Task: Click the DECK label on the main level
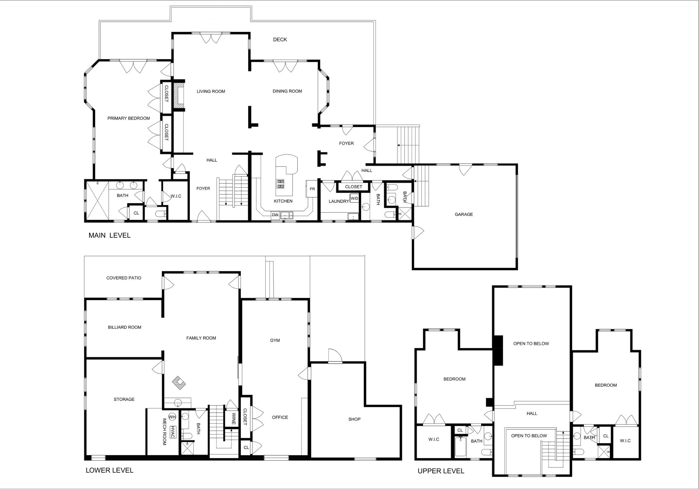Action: coord(280,40)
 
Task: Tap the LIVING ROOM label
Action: coord(211,91)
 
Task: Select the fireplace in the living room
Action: coord(178,96)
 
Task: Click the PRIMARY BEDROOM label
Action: coord(129,118)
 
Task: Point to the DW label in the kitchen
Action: coord(275,215)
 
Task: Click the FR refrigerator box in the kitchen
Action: coord(312,189)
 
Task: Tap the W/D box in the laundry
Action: coord(354,198)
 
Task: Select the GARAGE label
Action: coord(464,214)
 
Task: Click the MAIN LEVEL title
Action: coord(110,235)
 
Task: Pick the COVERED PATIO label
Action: coord(124,278)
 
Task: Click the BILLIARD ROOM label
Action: coord(125,327)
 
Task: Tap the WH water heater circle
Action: coord(172,417)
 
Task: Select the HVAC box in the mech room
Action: coord(173,432)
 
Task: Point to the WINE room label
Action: coord(234,419)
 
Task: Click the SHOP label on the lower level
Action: coord(354,419)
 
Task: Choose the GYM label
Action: coord(275,340)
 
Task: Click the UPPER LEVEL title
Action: coord(441,471)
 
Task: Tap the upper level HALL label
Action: coord(532,414)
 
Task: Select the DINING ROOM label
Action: coord(287,91)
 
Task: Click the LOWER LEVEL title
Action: coord(110,470)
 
